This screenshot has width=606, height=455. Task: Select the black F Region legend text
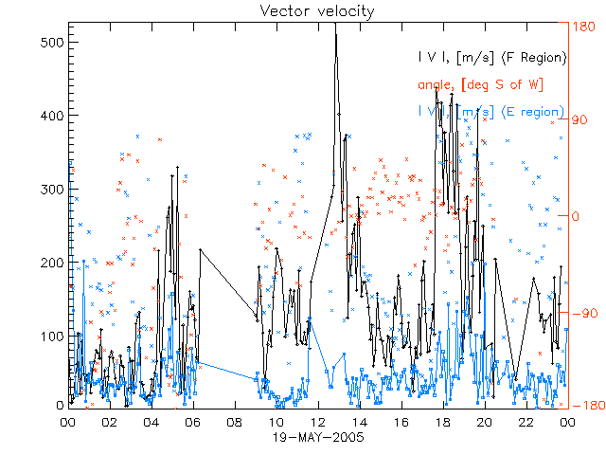coord(492,58)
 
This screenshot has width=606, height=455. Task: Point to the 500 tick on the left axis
coord(50,43)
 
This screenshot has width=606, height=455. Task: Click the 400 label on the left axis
coord(50,116)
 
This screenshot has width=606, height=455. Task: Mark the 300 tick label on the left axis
coord(50,190)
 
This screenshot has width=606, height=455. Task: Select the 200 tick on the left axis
coord(50,263)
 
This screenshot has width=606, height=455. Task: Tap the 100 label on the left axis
coord(50,336)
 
